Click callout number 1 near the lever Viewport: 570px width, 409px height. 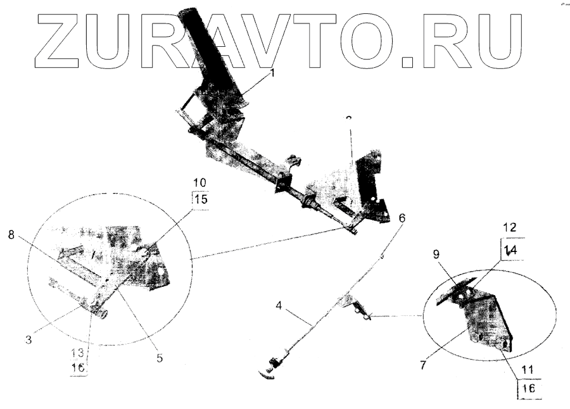[x=273, y=73]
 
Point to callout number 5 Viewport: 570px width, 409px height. [x=160, y=358]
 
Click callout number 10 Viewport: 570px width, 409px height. [x=199, y=183]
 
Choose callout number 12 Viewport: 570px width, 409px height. [x=509, y=227]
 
